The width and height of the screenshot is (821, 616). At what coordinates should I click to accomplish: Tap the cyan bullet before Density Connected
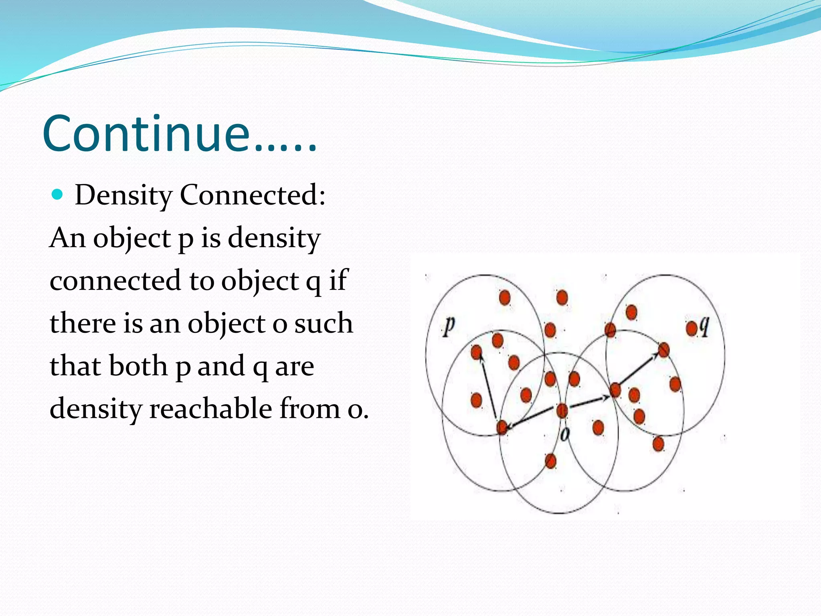point(58,195)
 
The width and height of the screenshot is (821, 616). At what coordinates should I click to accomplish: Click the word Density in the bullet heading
point(123,195)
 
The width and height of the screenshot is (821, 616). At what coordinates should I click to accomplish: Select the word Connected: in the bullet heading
point(252,195)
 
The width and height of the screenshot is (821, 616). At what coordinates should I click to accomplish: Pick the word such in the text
point(324,323)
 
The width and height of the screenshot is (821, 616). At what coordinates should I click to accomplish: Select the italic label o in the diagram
point(564,434)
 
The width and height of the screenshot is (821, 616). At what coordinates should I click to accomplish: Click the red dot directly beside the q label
point(692,329)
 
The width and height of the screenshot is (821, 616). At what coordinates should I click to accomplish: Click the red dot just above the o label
point(562,411)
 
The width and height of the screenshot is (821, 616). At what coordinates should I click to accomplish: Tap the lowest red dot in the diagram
point(550,461)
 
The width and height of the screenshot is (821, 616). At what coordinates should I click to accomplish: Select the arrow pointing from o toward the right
point(588,402)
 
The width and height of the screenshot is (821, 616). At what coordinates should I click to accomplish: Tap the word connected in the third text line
point(115,280)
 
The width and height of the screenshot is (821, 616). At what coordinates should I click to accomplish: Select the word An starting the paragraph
point(67,238)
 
